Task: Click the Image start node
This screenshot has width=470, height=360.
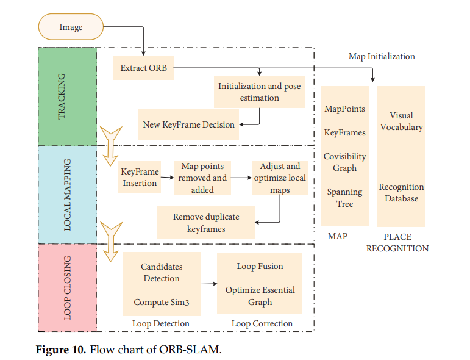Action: (x=71, y=27)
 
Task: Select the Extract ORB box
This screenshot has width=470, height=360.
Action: (x=143, y=68)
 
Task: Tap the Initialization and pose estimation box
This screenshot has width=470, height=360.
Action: (x=259, y=92)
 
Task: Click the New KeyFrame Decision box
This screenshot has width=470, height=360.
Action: (x=188, y=124)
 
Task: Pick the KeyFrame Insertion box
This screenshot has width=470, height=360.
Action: (x=139, y=178)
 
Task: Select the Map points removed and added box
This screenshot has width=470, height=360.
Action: (x=202, y=178)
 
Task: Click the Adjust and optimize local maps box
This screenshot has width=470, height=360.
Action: (x=280, y=178)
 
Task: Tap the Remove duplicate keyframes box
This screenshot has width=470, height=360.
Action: (x=205, y=223)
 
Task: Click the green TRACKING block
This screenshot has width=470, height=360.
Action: (x=67, y=96)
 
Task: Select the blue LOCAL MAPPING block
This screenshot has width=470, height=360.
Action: (x=67, y=194)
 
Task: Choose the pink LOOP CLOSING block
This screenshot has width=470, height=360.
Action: (x=67, y=287)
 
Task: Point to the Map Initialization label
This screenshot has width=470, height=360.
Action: (x=382, y=56)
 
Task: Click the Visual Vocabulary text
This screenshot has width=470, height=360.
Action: (x=401, y=121)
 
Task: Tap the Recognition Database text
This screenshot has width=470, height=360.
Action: (x=401, y=193)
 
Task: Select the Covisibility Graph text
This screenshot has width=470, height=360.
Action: (x=344, y=162)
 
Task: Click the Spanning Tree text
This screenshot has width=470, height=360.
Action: (x=344, y=198)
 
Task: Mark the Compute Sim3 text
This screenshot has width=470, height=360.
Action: (x=161, y=302)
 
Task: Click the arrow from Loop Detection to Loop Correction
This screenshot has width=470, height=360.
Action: (x=208, y=284)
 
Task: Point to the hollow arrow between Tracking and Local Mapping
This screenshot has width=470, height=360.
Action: (x=110, y=146)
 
